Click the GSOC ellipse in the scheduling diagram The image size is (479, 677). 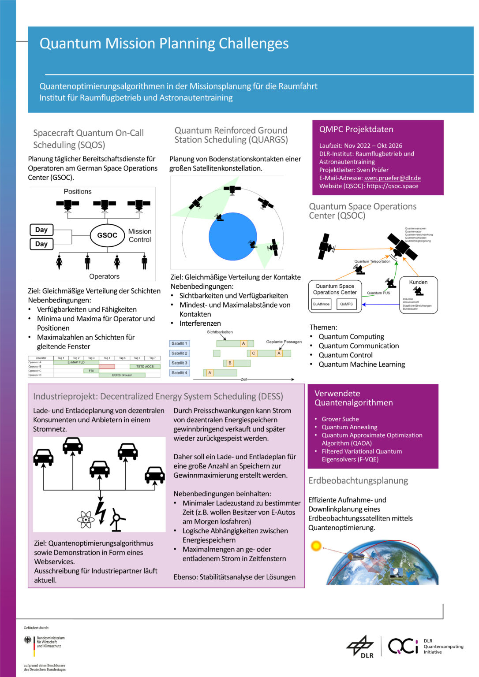pos(107,235)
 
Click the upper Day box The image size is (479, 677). pos(41,230)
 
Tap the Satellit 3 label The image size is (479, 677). pos(180,363)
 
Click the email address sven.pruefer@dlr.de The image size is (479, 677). pos(392,178)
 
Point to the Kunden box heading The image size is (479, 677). pos(418,282)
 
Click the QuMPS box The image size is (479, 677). pos(346,304)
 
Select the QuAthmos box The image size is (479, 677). pos(321,304)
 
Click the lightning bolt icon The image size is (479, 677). pos(101,512)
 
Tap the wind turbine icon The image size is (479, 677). pos(116,520)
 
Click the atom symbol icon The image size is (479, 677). pos(86,519)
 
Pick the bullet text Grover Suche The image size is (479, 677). pos(340,419)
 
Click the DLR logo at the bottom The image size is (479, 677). pos(360,647)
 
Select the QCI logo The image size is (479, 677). pos(403,646)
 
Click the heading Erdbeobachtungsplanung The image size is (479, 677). pos(358,480)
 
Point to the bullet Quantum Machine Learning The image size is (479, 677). pos(362,364)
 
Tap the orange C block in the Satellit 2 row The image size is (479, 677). pos(254,353)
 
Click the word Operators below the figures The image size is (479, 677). pos(104,276)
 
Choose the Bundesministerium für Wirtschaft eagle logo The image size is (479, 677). pos(28,640)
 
